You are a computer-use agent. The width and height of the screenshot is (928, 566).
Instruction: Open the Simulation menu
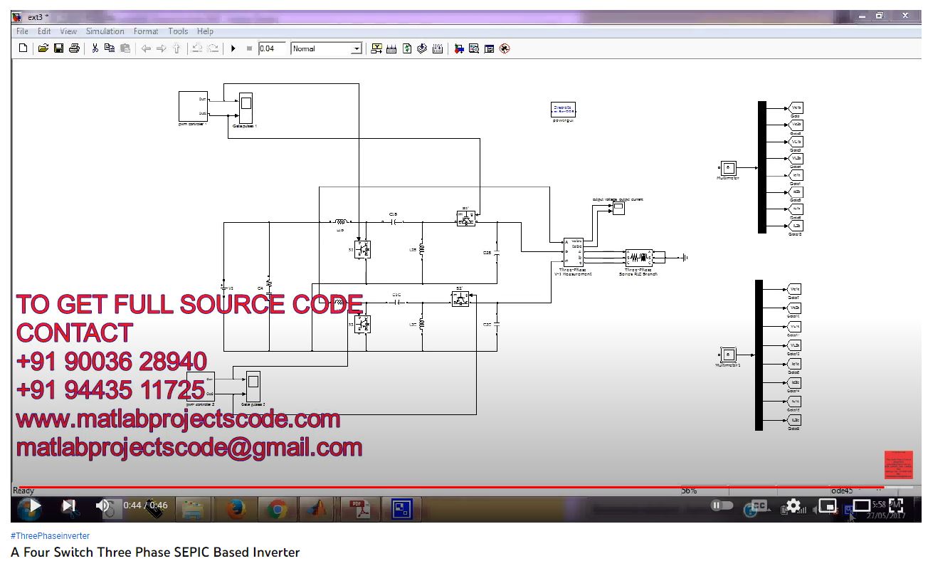[x=105, y=31]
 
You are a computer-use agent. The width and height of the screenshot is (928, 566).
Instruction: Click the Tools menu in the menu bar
[x=178, y=31]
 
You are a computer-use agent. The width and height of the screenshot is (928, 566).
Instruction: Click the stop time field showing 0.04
[x=272, y=48]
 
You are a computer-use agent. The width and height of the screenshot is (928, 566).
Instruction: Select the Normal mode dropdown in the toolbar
[x=327, y=48]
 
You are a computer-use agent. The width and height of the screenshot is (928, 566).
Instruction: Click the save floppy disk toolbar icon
[x=58, y=48]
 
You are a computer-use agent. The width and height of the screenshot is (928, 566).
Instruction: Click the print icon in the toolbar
[x=73, y=48]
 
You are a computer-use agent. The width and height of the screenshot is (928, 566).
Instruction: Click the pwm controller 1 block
[x=193, y=106]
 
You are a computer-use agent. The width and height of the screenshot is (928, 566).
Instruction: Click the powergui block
[x=564, y=110]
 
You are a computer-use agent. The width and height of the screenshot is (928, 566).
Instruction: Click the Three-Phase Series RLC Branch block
[x=638, y=257]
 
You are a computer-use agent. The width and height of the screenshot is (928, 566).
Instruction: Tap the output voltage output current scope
[x=618, y=209]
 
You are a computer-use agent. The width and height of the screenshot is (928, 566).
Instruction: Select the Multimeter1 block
[x=728, y=355]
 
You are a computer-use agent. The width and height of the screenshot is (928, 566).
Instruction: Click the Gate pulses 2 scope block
[x=253, y=386]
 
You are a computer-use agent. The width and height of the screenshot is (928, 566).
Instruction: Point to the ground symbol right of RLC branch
[x=683, y=257]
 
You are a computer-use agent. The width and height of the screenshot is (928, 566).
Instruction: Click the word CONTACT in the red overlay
[x=74, y=332]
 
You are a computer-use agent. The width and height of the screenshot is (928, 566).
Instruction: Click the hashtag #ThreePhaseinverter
[x=50, y=535]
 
